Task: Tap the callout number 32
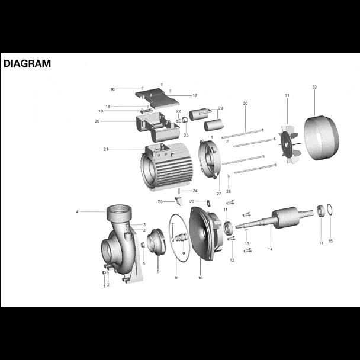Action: [x=314, y=87]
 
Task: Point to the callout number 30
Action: [x=245, y=104]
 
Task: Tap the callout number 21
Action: [x=106, y=149]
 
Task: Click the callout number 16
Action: [x=112, y=89]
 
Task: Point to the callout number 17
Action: [x=195, y=95]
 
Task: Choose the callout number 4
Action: [x=77, y=211]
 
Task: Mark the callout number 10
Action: [x=200, y=278]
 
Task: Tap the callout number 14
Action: [x=270, y=250]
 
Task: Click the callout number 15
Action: [x=330, y=241]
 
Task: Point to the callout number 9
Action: [x=176, y=278]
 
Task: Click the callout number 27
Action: [x=218, y=193]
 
